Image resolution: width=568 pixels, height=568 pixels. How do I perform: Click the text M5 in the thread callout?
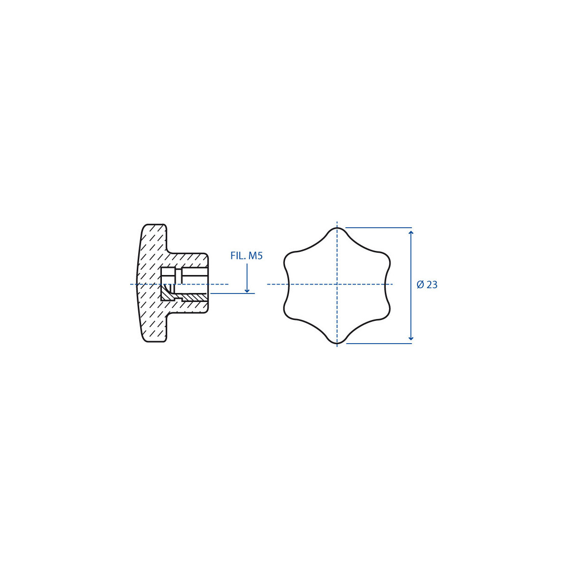[255, 256]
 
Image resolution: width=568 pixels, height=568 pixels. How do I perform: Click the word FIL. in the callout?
[238, 256]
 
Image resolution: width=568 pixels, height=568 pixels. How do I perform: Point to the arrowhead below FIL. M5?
[247, 290]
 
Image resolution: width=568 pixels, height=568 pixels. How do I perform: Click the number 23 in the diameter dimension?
[432, 285]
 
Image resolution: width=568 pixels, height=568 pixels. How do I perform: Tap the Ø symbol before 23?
[420, 285]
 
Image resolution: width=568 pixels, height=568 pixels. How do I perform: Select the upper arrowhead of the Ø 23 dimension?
[411, 233]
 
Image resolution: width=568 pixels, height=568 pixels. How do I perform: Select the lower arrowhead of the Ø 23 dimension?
[411, 338]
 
